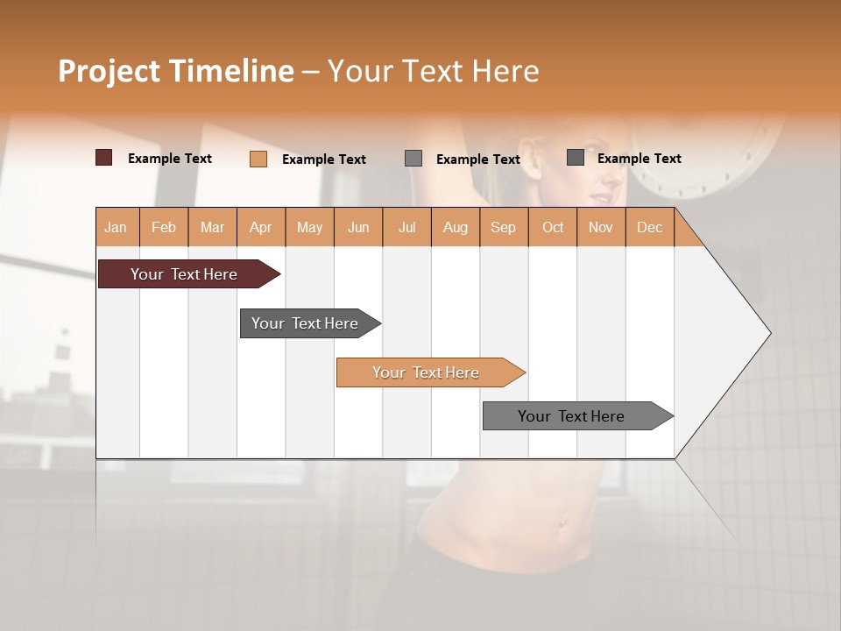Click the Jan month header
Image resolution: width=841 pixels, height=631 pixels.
[x=116, y=228]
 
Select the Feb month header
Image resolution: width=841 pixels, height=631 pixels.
[x=164, y=228]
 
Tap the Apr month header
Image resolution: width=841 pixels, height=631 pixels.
[x=260, y=228]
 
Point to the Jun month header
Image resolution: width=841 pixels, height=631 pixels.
[x=358, y=228]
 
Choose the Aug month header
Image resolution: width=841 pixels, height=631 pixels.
[x=455, y=228]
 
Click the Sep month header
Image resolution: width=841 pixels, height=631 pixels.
[x=503, y=228]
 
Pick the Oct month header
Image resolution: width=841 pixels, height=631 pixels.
[x=553, y=228]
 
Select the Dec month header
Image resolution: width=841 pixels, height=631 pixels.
[x=649, y=228]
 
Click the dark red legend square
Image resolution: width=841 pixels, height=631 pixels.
[x=103, y=158]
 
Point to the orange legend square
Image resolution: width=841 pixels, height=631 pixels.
[x=258, y=159]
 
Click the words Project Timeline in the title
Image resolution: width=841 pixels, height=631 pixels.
[x=175, y=71]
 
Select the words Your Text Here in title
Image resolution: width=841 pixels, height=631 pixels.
[x=433, y=71]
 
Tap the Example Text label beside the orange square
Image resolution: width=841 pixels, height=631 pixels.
[x=323, y=160]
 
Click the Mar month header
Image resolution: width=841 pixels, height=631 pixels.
[x=212, y=228]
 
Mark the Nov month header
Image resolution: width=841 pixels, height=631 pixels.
[x=600, y=228]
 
